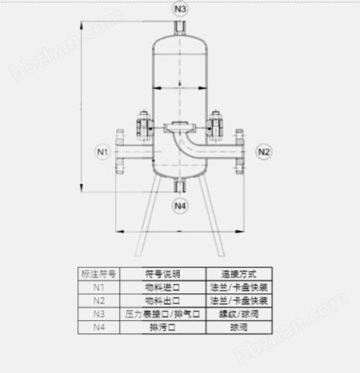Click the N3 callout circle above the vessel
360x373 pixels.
coord(180,9)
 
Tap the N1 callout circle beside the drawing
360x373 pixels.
coord(102,152)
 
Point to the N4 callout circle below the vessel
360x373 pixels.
coord(180,205)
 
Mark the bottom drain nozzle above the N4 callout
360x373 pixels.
coord(180,185)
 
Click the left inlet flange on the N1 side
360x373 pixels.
coord(120,153)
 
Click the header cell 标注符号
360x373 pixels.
coord(99,274)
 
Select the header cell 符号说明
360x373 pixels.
coord(163,274)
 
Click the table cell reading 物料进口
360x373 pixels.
coord(163,287)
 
